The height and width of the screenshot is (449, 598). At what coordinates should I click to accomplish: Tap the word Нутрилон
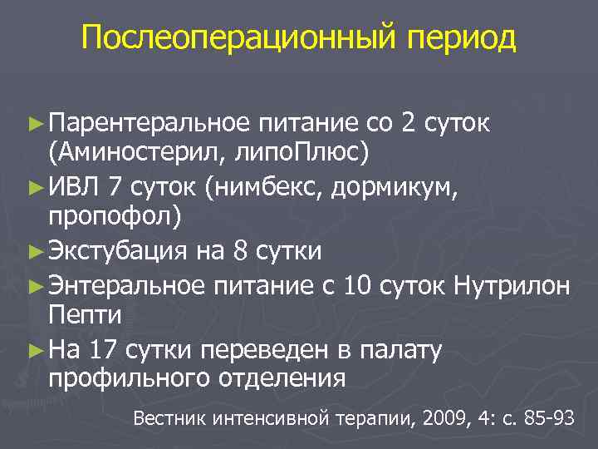coord(512,286)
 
